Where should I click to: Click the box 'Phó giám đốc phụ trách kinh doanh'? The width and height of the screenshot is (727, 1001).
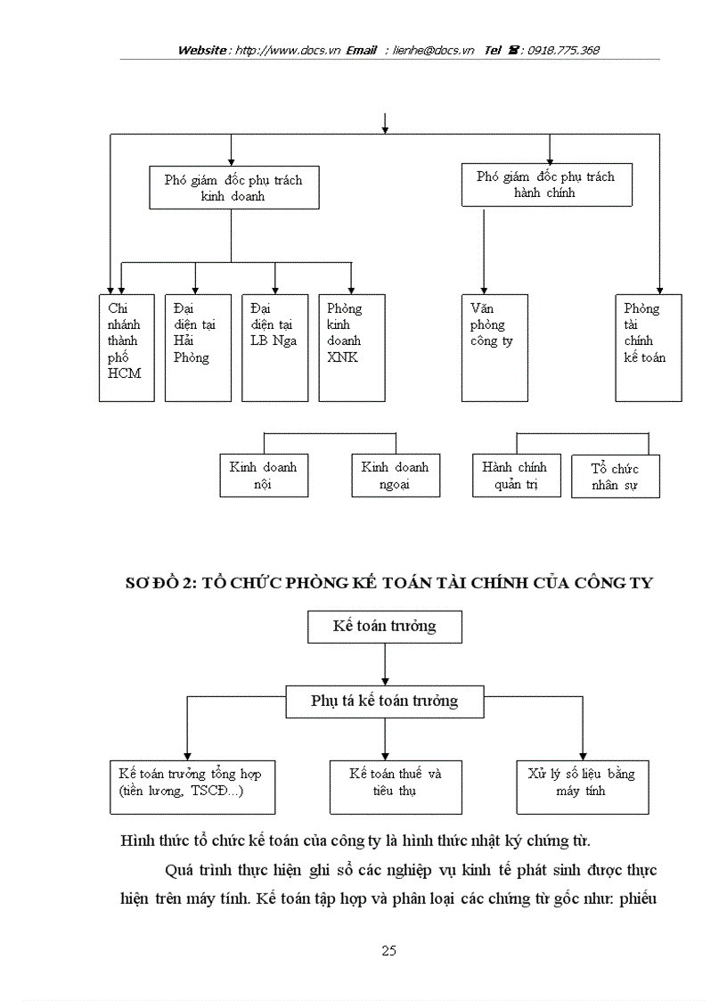[233, 187]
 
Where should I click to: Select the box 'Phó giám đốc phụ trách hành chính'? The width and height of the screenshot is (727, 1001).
[545, 185]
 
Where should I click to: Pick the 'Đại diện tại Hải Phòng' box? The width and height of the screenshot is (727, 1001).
[197, 348]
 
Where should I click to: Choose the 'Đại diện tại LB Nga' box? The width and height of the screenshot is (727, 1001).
[274, 348]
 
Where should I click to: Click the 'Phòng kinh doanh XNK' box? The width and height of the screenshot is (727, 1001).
[351, 348]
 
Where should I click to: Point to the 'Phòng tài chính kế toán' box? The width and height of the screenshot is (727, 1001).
[649, 348]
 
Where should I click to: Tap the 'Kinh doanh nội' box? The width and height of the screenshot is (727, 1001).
[264, 475]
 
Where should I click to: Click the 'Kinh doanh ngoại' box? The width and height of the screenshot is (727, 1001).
[396, 475]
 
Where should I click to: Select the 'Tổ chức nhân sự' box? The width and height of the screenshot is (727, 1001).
[616, 476]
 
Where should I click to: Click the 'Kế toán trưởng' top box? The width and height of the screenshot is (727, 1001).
[385, 626]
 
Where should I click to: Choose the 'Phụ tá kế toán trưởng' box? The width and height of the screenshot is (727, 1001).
[385, 701]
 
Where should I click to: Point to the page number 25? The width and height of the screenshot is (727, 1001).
[388, 950]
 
